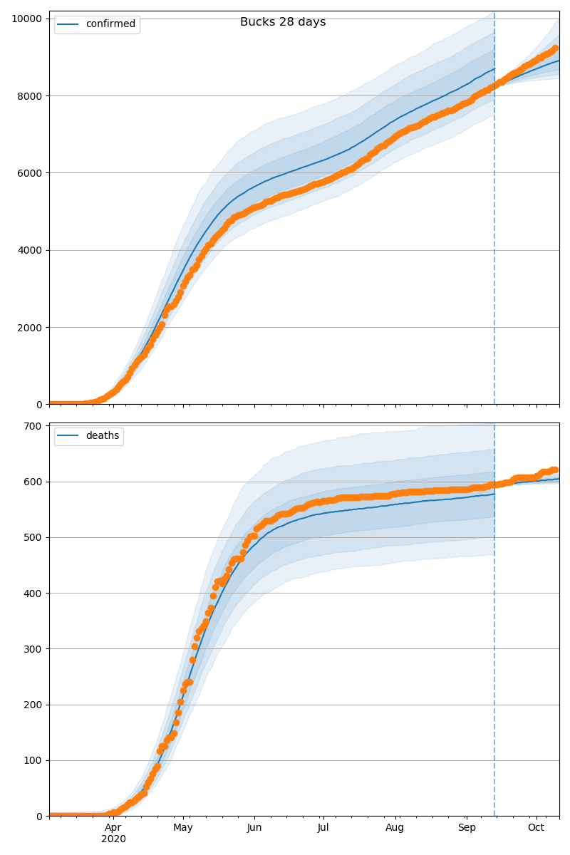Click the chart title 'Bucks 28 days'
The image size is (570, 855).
[x=283, y=22]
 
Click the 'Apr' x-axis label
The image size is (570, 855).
[x=113, y=828]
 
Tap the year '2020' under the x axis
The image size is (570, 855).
[x=113, y=839]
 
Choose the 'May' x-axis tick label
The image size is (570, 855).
[x=183, y=828]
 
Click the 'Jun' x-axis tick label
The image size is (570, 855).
[x=254, y=828]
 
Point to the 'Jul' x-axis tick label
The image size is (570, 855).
[x=323, y=828]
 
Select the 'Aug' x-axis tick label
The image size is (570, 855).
[x=395, y=828]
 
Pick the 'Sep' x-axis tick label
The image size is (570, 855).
[x=467, y=828]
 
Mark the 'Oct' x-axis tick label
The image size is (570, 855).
[x=536, y=828]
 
